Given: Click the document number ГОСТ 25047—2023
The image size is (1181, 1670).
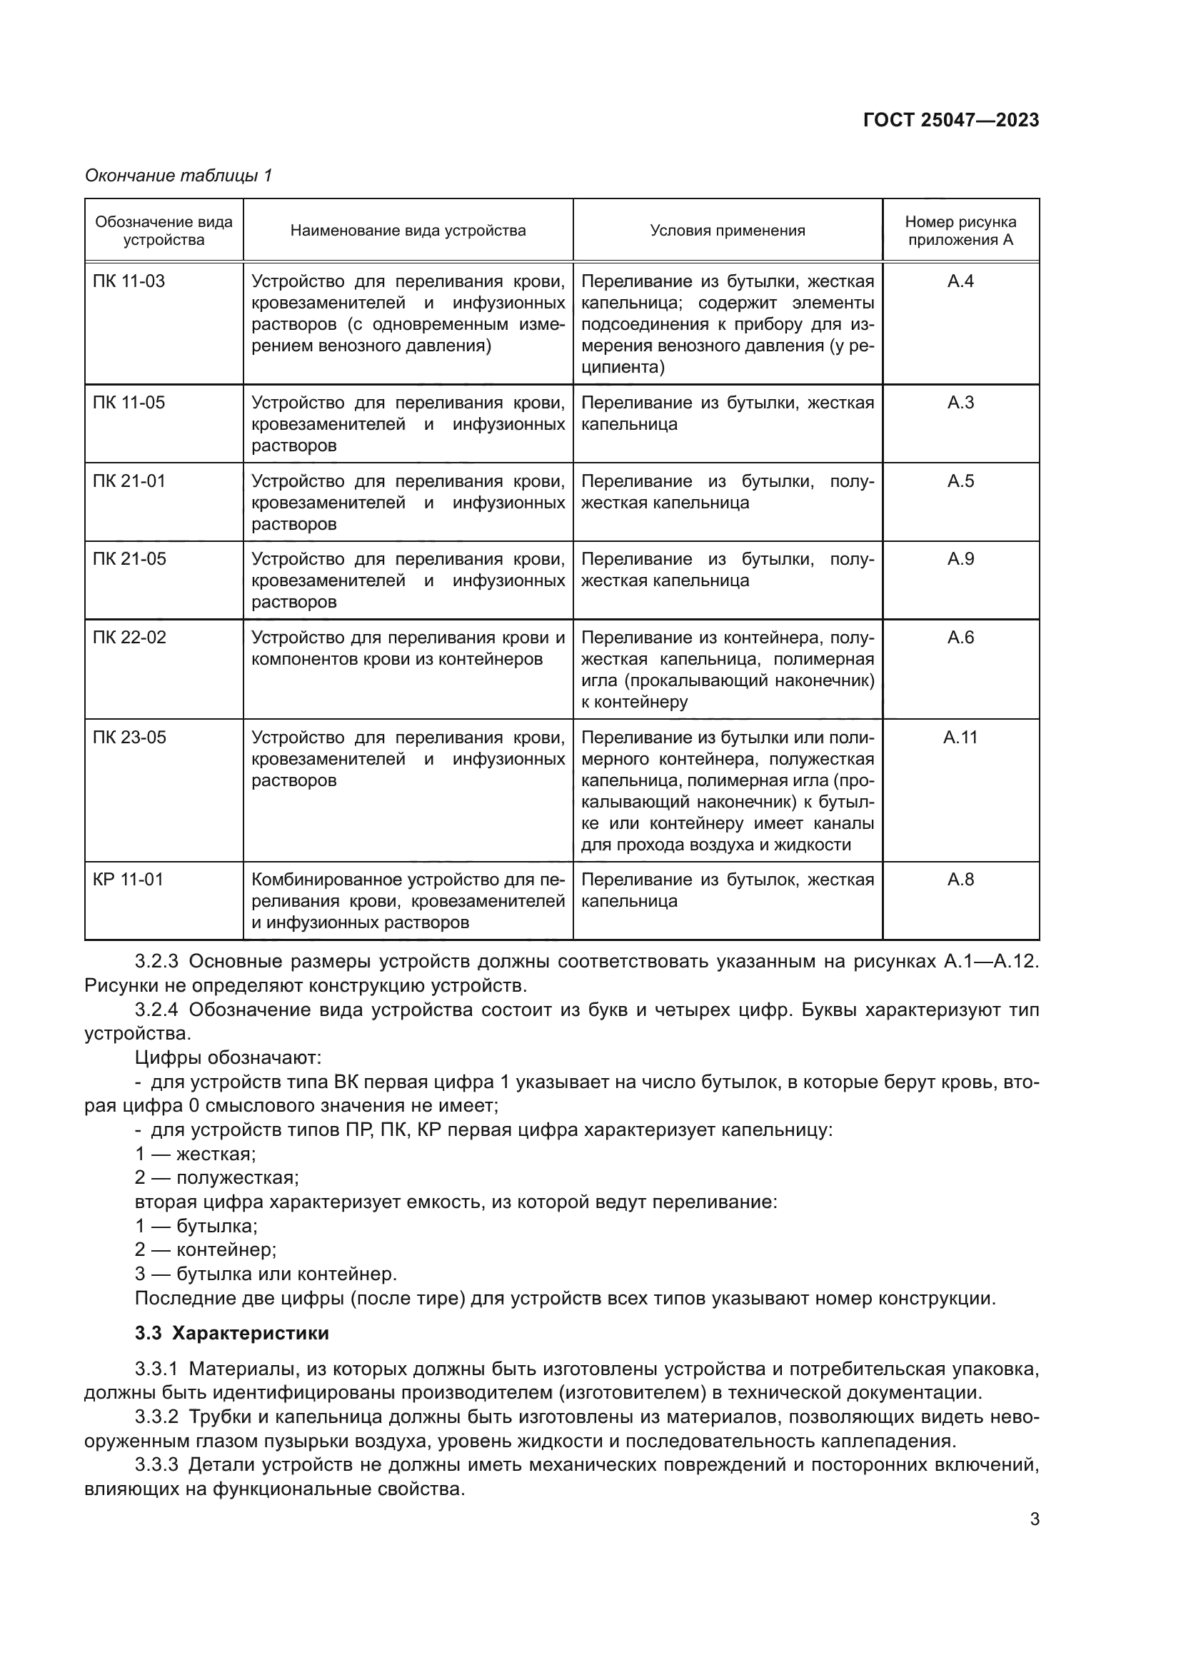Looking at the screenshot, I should coord(950,120).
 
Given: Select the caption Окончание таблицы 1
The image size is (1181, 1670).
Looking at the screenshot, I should coord(179,176).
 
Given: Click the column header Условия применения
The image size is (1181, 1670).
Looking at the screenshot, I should coord(727,231).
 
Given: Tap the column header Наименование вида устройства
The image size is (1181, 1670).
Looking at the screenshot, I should coord(408,231).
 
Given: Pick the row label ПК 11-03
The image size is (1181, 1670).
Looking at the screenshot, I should coord(129,281).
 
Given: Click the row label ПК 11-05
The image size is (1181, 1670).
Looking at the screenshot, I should coord(129,403).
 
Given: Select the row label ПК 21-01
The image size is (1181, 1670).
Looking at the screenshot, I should coord(129,481).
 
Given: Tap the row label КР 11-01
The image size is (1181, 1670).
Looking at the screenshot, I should coord(128,880).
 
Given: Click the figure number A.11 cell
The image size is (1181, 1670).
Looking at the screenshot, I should coord(960,738).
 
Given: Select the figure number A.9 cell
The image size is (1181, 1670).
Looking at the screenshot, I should coord(960,559).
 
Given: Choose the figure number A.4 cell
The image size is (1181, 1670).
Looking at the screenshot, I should coord(960,281).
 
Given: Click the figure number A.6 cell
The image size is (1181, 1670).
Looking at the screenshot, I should coord(960,638).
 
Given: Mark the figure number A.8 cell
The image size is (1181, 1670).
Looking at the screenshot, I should coord(960,880).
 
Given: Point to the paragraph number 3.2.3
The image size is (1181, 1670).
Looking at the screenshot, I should coord(156,962).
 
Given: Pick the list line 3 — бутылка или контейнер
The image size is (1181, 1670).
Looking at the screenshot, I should coord(266,1274).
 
